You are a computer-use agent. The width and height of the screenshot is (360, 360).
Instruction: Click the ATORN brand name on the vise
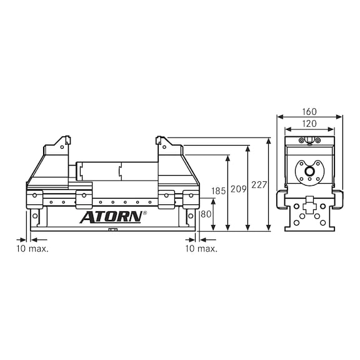(x=111, y=217)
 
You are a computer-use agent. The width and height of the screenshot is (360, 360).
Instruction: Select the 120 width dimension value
(x=309, y=124)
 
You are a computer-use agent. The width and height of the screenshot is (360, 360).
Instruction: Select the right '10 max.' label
(x=202, y=248)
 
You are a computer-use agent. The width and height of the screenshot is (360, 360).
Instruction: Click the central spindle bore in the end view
(x=308, y=170)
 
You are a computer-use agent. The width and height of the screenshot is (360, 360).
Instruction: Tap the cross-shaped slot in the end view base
(x=309, y=204)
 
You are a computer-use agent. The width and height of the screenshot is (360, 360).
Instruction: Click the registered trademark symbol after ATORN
(x=145, y=213)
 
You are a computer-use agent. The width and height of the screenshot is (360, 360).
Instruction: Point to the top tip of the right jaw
(x=159, y=137)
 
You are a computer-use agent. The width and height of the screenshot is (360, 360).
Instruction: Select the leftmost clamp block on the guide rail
(x=34, y=198)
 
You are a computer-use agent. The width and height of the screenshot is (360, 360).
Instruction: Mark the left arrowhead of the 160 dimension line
(x=279, y=116)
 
